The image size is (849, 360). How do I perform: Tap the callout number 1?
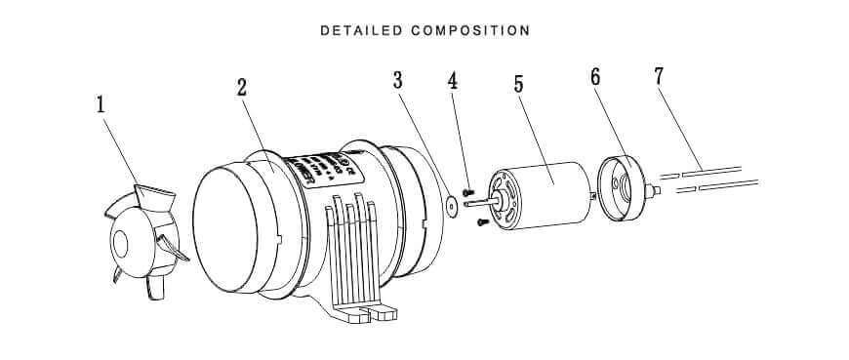pos(101,104)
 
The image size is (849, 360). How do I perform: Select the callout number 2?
pos(242,86)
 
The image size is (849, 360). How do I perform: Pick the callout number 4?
pos(452,80)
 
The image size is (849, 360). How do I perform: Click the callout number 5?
pos(519,84)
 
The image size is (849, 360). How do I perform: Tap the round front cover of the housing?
pos(235,230)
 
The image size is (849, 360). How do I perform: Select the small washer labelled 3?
pos(451,206)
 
